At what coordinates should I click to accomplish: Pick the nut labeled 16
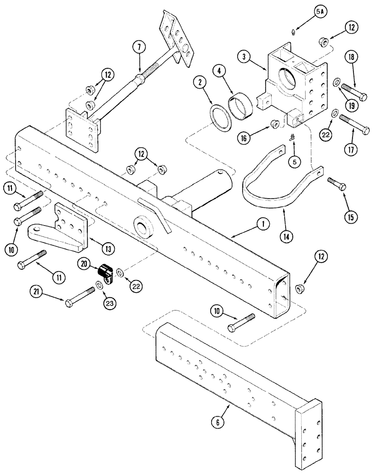click(x=274, y=124)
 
